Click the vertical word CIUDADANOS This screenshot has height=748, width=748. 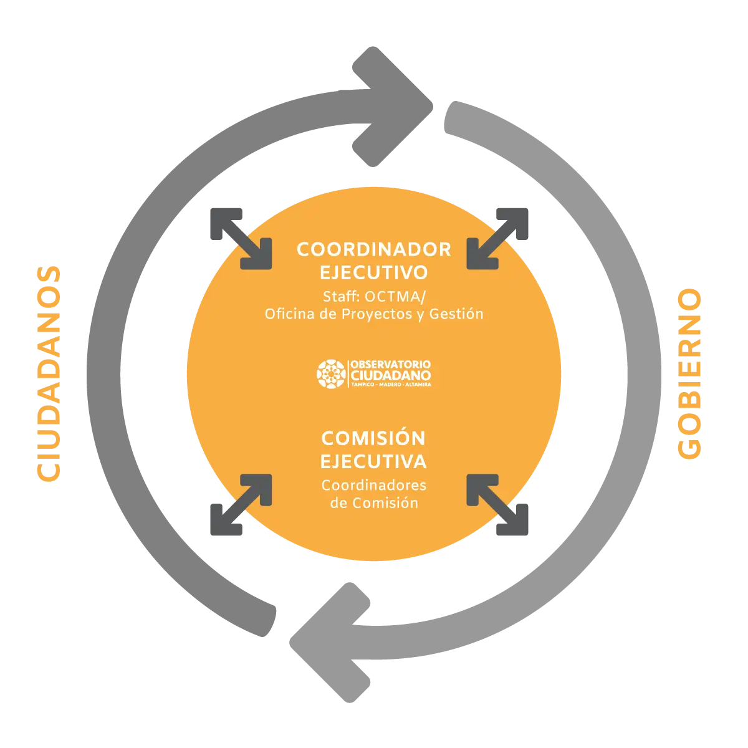pos(49,374)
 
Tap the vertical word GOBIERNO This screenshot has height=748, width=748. pos(689,375)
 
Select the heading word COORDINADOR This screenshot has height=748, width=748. pos(373,249)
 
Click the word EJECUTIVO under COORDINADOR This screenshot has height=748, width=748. pos(373,273)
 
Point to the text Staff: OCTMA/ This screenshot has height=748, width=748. pos(373,296)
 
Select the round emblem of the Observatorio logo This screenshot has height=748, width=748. pos(332,373)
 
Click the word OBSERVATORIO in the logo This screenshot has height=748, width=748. pos(391,364)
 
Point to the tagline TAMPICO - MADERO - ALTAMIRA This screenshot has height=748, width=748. pos(391,385)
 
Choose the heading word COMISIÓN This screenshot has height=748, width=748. pos(373,438)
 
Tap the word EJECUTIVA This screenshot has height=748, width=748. pos(373,462)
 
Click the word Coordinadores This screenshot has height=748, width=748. pos(373,485)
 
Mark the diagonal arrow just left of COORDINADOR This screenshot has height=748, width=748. pos(241,237)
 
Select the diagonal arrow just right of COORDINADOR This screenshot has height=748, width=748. pos(497,237)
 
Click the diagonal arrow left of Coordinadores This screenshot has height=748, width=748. pos(241,506)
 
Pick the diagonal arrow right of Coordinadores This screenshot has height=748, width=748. pos(497,506)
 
